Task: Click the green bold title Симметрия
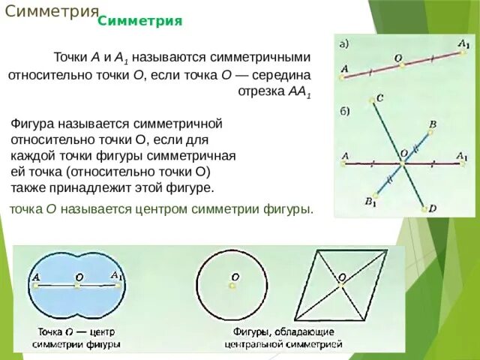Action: [x=140, y=21]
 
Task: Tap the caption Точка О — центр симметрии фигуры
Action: [x=76, y=338]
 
